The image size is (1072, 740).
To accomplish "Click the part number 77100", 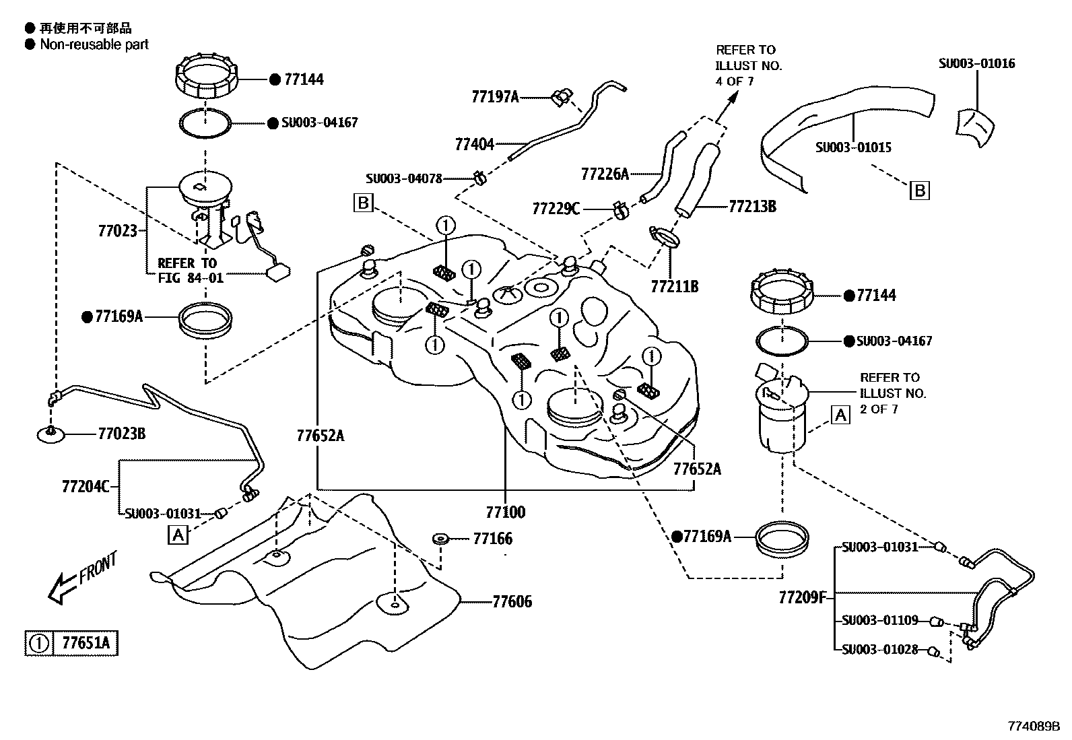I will point(505,512).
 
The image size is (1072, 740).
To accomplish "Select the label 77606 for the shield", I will point(512,601).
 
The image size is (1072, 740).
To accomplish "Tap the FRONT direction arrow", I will point(81,578).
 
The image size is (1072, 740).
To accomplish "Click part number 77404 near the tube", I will point(474,144).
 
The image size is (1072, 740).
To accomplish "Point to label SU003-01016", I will point(976,63).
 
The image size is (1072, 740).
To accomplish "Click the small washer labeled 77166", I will point(440,539).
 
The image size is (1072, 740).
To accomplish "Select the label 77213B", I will point(751,206).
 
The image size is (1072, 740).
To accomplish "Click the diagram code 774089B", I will point(1034,726).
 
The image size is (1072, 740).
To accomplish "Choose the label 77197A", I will point(495,97).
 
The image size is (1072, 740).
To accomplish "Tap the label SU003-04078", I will point(404,178).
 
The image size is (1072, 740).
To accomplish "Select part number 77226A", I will point(605,174).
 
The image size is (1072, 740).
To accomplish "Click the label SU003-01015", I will point(853,147).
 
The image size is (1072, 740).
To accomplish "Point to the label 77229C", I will point(556,208).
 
